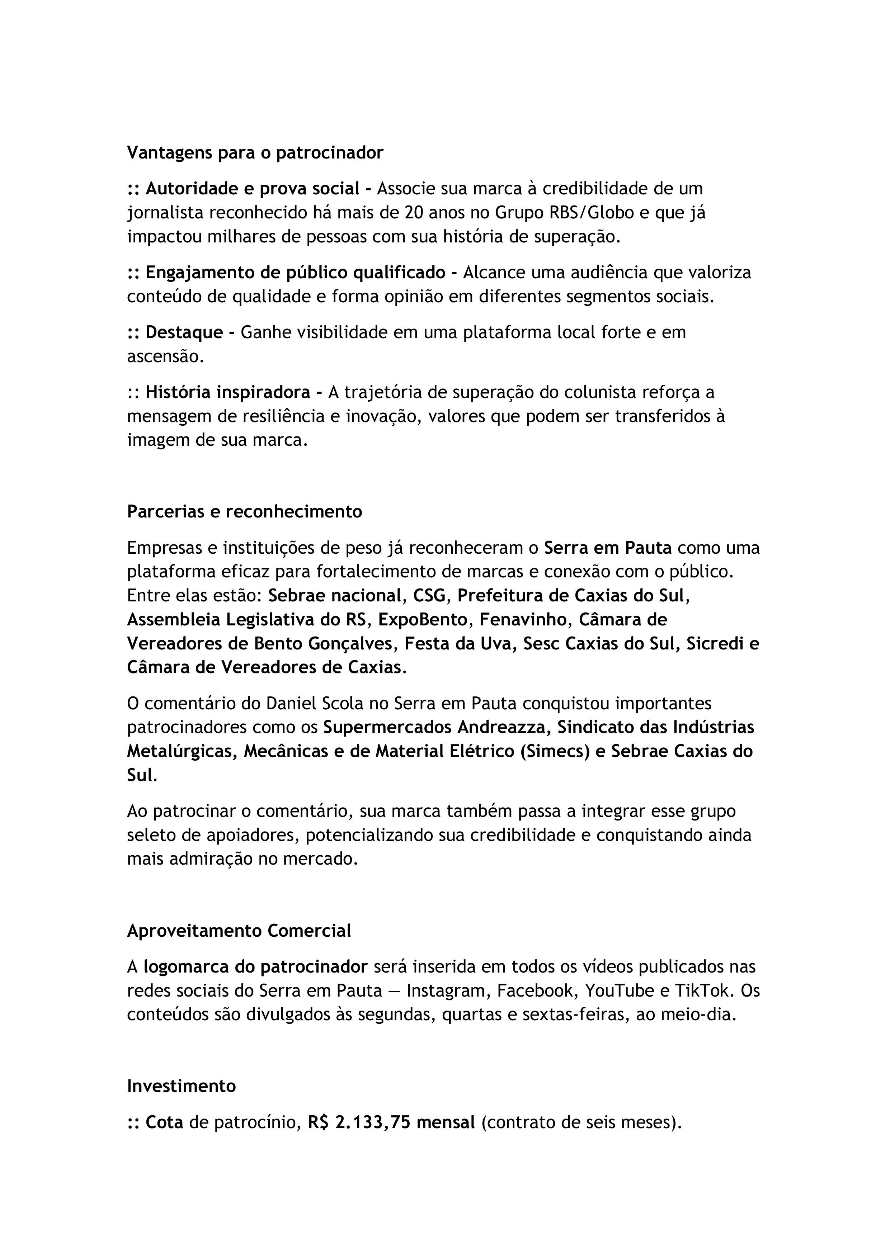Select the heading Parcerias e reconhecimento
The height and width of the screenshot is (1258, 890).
[x=244, y=511]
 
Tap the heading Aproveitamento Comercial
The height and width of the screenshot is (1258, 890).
[x=239, y=930]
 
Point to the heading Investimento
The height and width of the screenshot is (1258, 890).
[x=182, y=1086]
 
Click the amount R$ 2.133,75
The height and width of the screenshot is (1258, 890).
[x=359, y=1123]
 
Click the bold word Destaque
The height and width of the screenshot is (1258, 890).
[x=184, y=332]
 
